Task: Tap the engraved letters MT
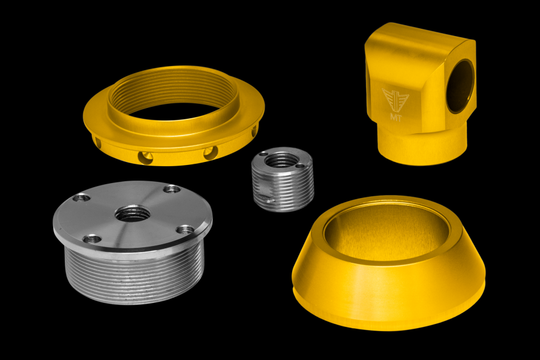pos(395,114)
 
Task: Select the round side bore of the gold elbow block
pos(460,86)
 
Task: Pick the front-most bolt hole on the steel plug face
pos(92,239)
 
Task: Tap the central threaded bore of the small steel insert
pos(280,160)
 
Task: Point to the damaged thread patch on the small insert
pos(265,193)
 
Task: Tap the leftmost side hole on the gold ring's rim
pos(98,142)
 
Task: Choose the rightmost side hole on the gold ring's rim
pos(254,130)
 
